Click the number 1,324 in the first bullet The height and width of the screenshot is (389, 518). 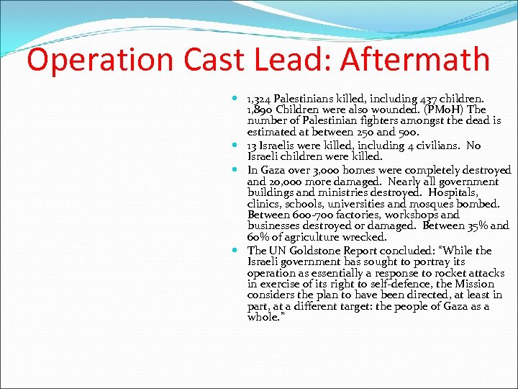[260, 99]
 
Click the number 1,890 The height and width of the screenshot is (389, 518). [260, 109]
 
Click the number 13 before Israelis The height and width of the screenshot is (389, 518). [253, 145]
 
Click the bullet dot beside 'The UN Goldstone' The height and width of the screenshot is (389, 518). [237, 251]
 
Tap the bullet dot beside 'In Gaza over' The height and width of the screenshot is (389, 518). [237, 170]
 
